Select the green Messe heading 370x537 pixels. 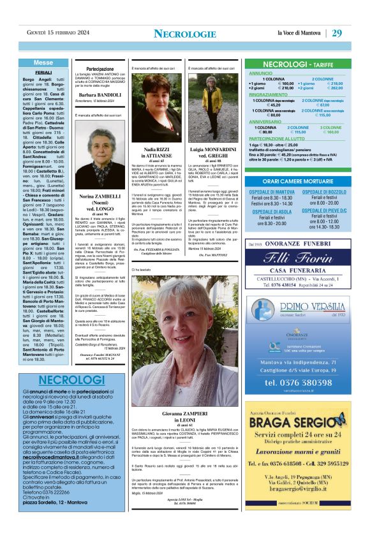(43, 63)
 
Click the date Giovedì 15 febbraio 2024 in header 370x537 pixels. (57, 33)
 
